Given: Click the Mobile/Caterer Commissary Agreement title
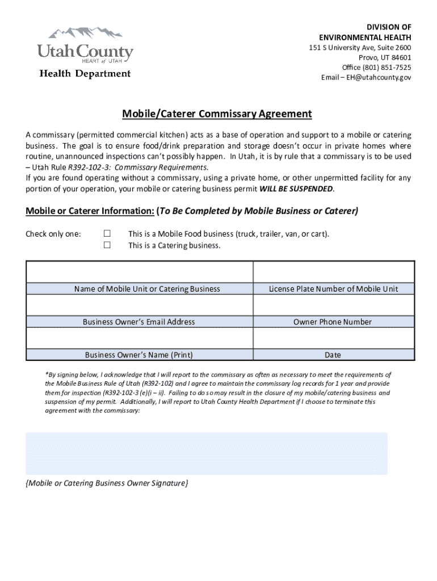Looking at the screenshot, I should pyautogui.click(x=217, y=114).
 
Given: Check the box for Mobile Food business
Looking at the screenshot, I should pyautogui.click(x=107, y=234).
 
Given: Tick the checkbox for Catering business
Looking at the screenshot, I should pyautogui.click(x=107, y=245).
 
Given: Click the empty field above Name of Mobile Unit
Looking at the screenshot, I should pyautogui.click(x=140, y=272).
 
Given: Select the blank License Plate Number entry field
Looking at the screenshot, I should pyautogui.click(x=334, y=272).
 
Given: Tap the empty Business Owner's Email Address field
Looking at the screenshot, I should pyautogui.click(x=140, y=305).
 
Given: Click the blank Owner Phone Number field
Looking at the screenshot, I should pyautogui.click(x=334, y=305).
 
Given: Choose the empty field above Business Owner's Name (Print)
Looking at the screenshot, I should pyautogui.click(x=140, y=338).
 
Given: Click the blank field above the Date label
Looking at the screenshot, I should pyautogui.click(x=334, y=338).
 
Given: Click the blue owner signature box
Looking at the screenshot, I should pyautogui.click(x=207, y=453).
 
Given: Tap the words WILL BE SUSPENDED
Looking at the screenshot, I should pyautogui.click(x=296, y=188).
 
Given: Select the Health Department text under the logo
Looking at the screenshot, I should pyautogui.click(x=85, y=74).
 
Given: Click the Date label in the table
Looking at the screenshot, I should pyautogui.click(x=333, y=355).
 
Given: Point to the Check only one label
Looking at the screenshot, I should pyautogui.click(x=53, y=234).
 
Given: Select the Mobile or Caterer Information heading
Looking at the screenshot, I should pyautogui.click(x=90, y=211).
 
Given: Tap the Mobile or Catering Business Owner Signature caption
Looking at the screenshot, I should pyautogui.click(x=107, y=483).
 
